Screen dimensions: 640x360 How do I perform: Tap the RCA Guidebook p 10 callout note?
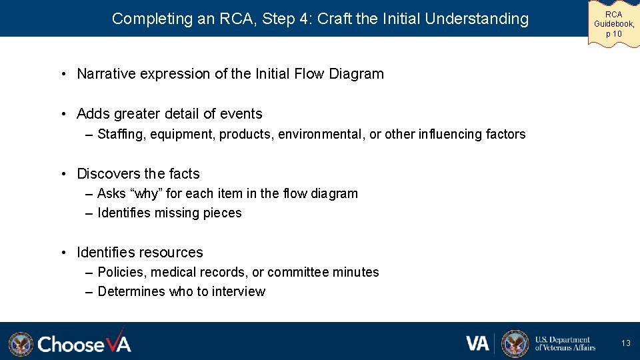tap(613, 24)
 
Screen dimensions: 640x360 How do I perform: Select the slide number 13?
tap(625, 343)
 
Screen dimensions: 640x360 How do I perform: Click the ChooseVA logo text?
tap(84, 343)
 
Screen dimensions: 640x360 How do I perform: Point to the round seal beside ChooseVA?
tap(21, 344)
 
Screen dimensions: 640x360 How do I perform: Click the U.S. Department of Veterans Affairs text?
tap(565, 343)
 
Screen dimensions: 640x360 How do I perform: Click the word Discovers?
tap(107, 174)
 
